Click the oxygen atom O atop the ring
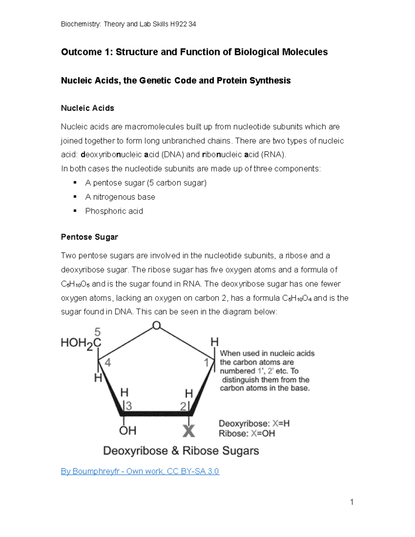pos(156,326)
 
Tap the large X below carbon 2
pos(188,431)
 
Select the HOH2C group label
pos(81,343)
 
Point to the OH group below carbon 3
pos(128,430)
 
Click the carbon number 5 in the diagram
pos(98,332)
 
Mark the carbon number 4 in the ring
pos(108,362)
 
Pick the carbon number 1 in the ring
pos(206,363)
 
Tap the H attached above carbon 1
pos(214,342)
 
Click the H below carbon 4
pos(98,378)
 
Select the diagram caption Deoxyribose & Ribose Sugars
pos(181,451)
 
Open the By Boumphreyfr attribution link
pos(140,471)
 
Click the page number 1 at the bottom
pos(351,502)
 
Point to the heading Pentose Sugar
pos(89,237)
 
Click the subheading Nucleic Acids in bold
pos(87,108)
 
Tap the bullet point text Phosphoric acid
pos(114,211)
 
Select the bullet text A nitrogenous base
pos(120,197)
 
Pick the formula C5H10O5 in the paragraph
pos(75,284)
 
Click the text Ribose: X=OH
pos(247,434)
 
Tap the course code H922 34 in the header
pos(183,24)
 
